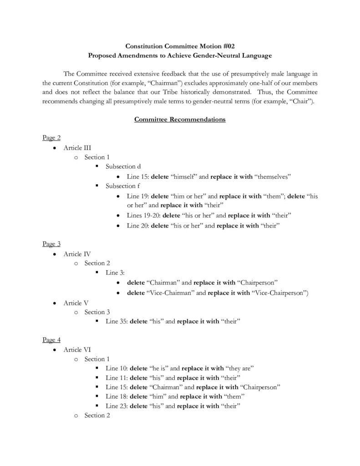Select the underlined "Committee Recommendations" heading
pyautogui.click(x=180, y=120)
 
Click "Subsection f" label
pyautogui.click(x=123, y=186)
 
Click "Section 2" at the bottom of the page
pyautogui.click(x=97, y=415)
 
